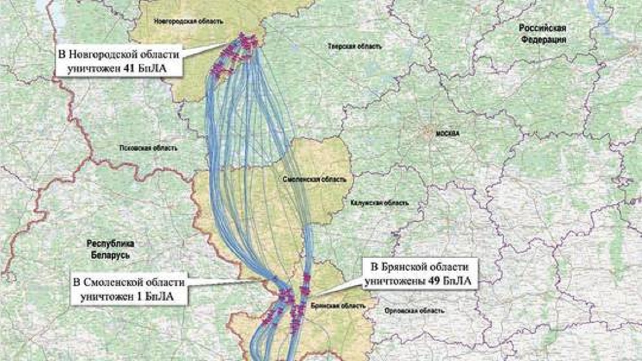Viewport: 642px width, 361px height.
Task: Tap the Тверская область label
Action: coord(347,47)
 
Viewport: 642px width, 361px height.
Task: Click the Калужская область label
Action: coord(380,203)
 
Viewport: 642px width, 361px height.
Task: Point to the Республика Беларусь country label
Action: coord(111,249)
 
